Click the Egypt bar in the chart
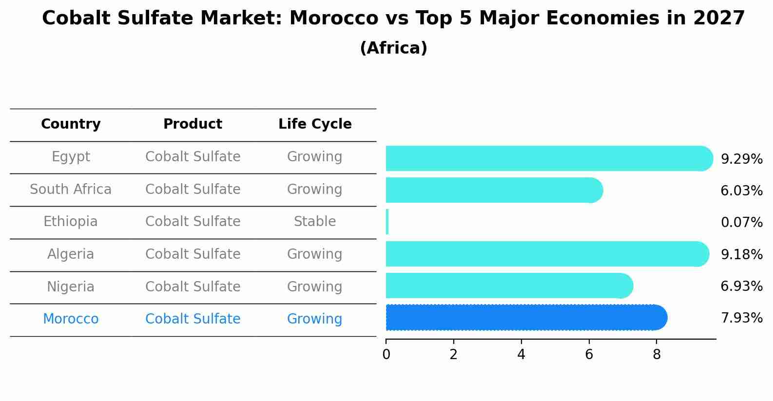pyautogui.click(x=546, y=158)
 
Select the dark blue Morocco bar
pyautogui.click(x=524, y=318)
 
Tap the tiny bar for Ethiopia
pyautogui.click(x=387, y=222)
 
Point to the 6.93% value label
pyautogui.click(x=741, y=286)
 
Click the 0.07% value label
pyautogui.click(x=741, y=223)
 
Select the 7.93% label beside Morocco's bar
pyautogui.click(x=741, y=318)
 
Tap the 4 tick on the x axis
pyautogui.click(x=521, y=355)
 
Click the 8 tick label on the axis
pyautogui.click(x=657, y=355)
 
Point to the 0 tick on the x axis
pyautogui.click(x=386, y=355)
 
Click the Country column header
pyautogui.click(x=71, y=124)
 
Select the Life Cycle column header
pyautogui.click(x=315, y=124)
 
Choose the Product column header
pyautogui.click(x=193, y=124)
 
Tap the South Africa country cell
pyautogui.click(x=71, y=189)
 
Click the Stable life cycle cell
pyautogui.click(x=315, y=222)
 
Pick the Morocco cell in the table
pyautogui.click(x=71, y=319)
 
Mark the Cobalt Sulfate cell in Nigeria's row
pyautogui.click(x=193, y=286)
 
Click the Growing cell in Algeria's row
pyautogui.click(x=315, y=254)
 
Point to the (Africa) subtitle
pyautogui.click(x=393, y=48)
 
